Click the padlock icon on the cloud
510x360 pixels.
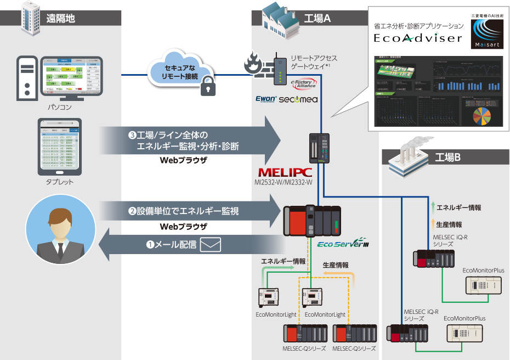pyautogui.click(x=208, y=85)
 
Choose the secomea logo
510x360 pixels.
pyautogui.click(x=298, y=100)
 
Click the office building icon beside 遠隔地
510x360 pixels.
pyautogui.click(x=29, y=16)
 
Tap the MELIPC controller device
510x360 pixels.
pyautogui.click(x=318, y=148)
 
